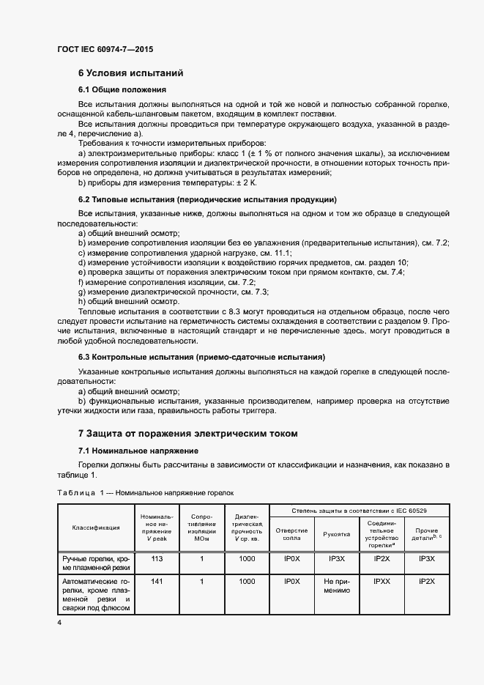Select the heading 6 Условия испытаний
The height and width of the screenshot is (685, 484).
pyautogui.click(x=130, y=73)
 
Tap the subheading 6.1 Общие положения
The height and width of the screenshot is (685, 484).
pyautogui.click(x=122, y=89)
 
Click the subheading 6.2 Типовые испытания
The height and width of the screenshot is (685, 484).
pyautogui.click(x=207, y=199)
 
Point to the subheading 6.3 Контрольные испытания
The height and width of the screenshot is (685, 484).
pyautogui.click(x=202, y=357)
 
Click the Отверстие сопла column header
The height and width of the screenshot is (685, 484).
pyautogui.click(x=291, y=534)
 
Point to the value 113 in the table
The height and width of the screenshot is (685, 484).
pyautogui.click(x=156, y=558)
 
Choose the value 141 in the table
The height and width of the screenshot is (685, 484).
pyautogui.click(x=156, y=581)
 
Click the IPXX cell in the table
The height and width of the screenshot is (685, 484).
pyautogui.click(x=381, y=581)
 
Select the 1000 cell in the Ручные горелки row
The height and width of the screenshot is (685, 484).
pyautogui.click(x=247, y=558)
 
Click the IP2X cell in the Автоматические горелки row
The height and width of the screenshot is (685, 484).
pyautogui.click(x=426, y=581)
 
